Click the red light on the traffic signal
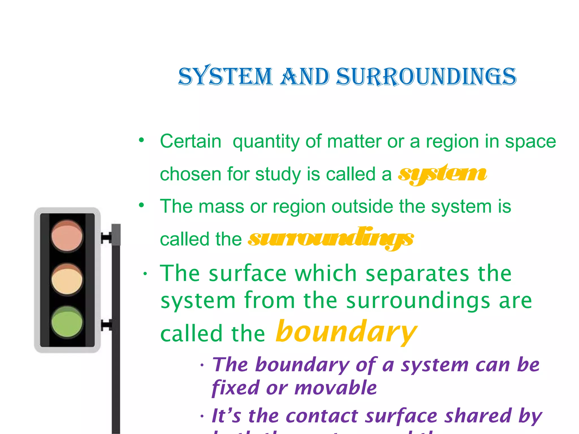click(x=67, y=236)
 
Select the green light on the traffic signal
click(x=67, y=322)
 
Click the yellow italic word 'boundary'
click(x=346, y=332)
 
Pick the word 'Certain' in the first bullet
click(x=191, y=141)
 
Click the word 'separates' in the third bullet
click(x=417, y=274)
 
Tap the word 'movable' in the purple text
click(x=336, y=388)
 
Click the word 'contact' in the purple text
click(x=322, y=416)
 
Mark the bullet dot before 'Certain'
click(x=141, y=140)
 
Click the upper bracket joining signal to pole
click(x=106, y=238)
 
